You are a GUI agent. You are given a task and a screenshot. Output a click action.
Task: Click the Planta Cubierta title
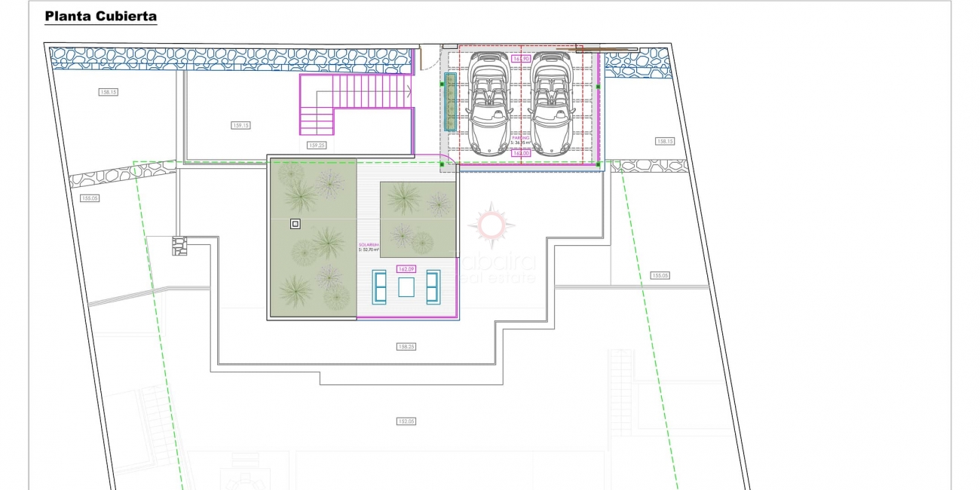(101, 16)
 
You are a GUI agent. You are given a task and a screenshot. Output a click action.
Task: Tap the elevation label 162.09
(406, 268)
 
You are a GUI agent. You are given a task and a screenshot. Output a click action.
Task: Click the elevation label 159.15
(240, 126)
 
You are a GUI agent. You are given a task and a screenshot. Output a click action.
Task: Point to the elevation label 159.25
(317, 145)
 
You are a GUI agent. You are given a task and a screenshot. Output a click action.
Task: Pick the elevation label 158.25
(406, 347)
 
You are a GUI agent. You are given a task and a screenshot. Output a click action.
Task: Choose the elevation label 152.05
(406, 421)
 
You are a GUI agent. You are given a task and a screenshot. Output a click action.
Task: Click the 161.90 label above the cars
(521, 58)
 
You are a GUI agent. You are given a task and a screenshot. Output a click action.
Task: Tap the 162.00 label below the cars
(521, 153)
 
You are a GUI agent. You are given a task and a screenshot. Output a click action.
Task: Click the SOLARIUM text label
(369, 245)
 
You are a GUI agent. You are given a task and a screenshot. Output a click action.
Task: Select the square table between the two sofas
(406, 287)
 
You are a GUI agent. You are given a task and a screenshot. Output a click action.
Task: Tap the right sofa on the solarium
(433, 287)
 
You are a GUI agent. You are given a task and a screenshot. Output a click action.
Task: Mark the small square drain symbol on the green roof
(295, 223)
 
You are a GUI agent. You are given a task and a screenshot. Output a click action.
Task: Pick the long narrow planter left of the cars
(450, 102)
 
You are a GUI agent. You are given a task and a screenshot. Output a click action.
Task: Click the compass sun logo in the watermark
(491, 224)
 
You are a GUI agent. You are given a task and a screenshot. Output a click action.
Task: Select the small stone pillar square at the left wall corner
(179, 247)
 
